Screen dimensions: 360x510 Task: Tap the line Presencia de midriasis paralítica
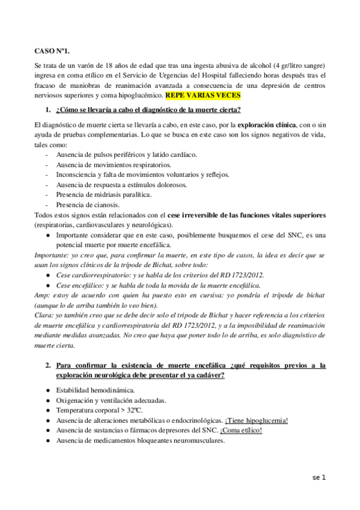point(103,195)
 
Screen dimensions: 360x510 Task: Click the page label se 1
point(319,478)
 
